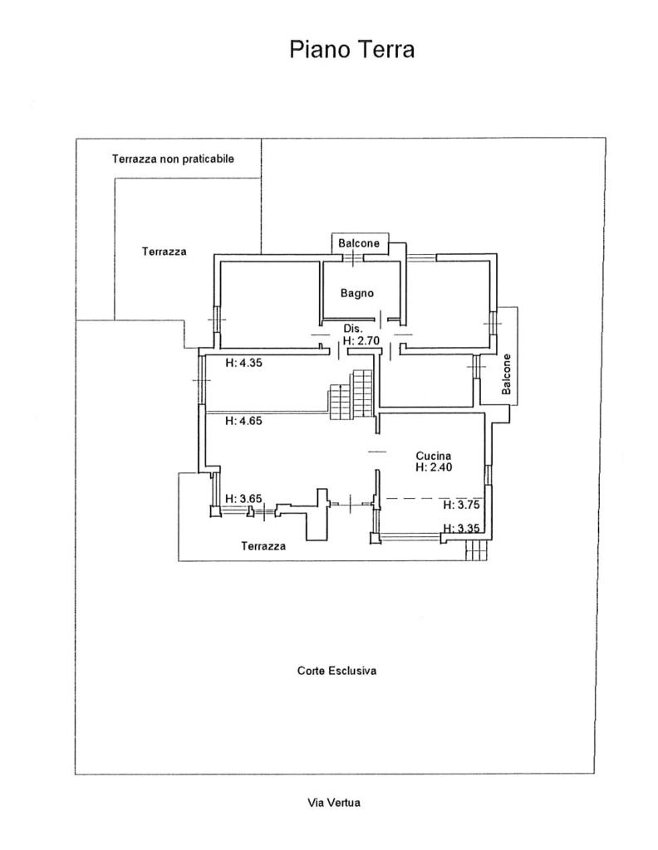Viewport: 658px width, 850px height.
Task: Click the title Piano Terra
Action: [351, 50]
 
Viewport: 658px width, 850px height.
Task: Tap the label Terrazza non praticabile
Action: [173, 159]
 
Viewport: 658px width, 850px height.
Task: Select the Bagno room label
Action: [357, 293]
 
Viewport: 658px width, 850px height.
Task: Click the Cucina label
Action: [434, 456]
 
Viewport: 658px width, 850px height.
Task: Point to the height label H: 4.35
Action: [243, 363]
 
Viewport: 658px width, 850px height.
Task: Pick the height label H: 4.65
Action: [243, 421]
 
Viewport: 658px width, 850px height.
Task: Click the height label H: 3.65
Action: [243, 499]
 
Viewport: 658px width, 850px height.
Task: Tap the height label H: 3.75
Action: [461, 505]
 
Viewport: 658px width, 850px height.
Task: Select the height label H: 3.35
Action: [461, 528]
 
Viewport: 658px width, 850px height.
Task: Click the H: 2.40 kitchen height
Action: [434, 467]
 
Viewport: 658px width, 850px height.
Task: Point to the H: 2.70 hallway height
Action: [361, 340]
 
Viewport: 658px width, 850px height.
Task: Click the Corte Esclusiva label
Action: [336, 671]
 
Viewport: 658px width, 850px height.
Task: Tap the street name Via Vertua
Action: [334, 803]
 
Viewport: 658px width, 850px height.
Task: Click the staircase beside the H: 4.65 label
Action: [351, 394]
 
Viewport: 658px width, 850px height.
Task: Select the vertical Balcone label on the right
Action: [507, 374]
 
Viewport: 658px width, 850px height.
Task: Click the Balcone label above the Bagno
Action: [359, 243]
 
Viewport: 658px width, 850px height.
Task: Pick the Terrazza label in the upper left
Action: [164, 252]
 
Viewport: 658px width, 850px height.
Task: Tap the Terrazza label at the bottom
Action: [263, 546]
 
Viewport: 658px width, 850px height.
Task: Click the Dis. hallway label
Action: [352, 329]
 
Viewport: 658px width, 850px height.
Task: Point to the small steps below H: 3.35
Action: [477, 551]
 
